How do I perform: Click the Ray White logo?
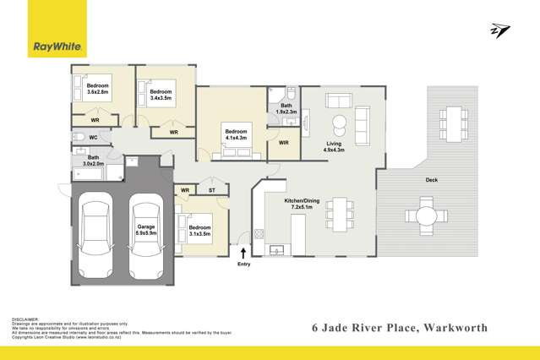pyautogui.click(x=57, y=28)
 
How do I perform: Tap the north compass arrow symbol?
pyautogui.click(x=499, y=31)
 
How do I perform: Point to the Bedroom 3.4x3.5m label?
pyautogui.click(x=161, y=95)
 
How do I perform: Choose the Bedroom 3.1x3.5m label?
pyautogui.click(x=199, y=231)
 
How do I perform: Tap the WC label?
pyautogui.click(x=94, y=137)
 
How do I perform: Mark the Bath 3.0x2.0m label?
pyautogui.click(x=92, y=160)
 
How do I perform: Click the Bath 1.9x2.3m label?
pyautogui.click(x=286, y=109)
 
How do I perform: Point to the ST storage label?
pyautogui.click(x=213, y=190)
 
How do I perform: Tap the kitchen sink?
pyautogui.click(x=278, y=249)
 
